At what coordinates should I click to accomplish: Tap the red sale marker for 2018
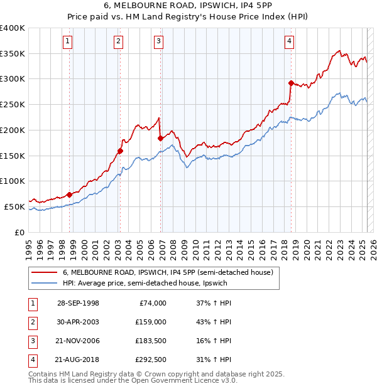pos(291,83)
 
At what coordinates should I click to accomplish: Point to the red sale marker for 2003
pos(120,151)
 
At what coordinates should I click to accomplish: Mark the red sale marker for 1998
pos(69,194)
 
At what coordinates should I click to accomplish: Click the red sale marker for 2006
pos(160,138)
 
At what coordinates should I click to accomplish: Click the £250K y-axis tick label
pos(13,104)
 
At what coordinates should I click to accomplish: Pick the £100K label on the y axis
pos(13,181)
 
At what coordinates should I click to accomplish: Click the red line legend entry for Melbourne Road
pos(167,273)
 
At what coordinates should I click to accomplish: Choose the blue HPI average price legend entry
pos(144,284)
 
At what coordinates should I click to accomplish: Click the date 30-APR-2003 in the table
pos(78,322)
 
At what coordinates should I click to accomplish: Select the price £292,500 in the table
pos(150,360)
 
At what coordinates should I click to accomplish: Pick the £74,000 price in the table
pos(153,303)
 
